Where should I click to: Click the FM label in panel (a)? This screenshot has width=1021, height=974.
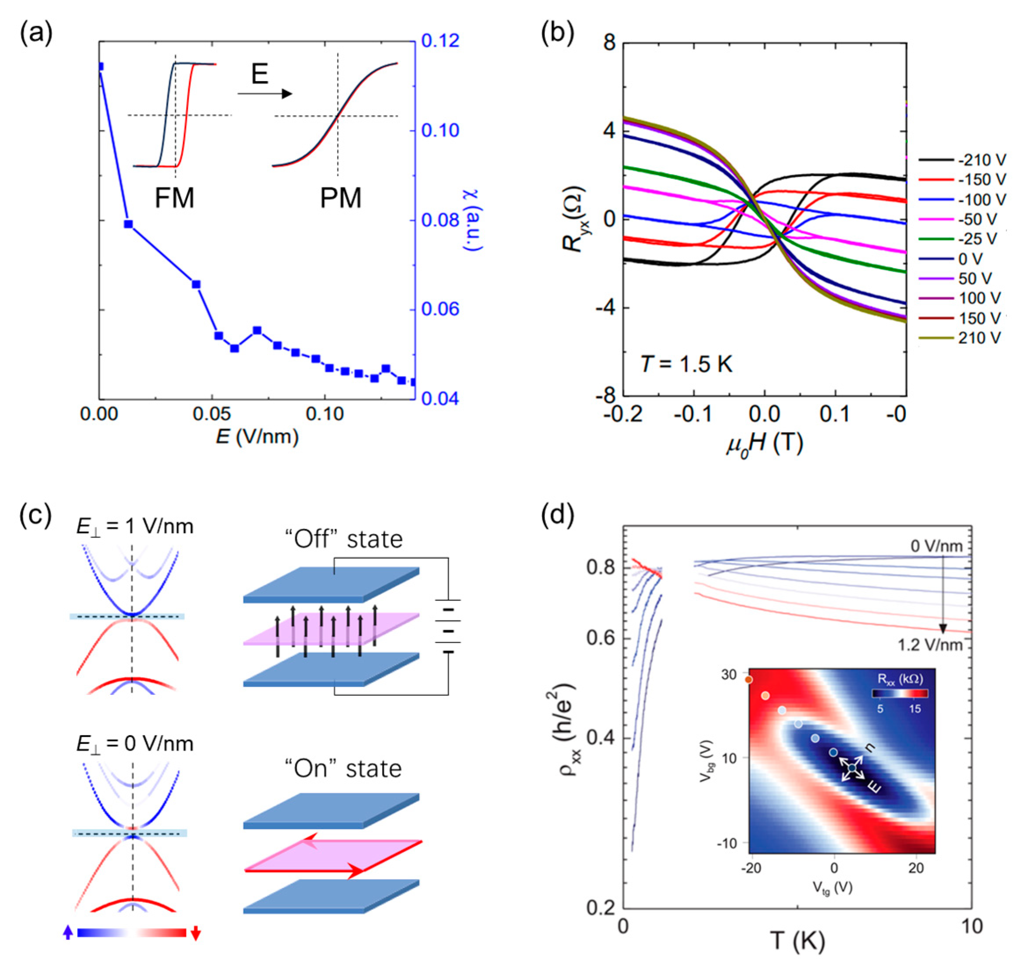click(x=174, y=198)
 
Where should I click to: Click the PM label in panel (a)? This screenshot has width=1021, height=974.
click(x=340, y=198)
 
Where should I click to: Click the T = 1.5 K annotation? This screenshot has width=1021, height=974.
click(x=686, y=364)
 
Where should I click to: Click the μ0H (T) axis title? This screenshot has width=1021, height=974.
click(x=764, y=444)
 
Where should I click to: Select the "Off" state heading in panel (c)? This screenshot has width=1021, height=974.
click(x=343, y=539)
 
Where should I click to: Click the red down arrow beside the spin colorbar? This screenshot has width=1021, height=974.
click(x=196, y=933)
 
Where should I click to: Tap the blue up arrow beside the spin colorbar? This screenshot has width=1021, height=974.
click(x=68, y=933)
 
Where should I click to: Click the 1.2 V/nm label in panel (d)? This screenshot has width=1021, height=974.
click(x=930, y=645)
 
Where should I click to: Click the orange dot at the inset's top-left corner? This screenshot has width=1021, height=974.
click(x=749, y=679)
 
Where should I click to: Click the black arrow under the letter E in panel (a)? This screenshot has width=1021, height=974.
click(x=265, y=93)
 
